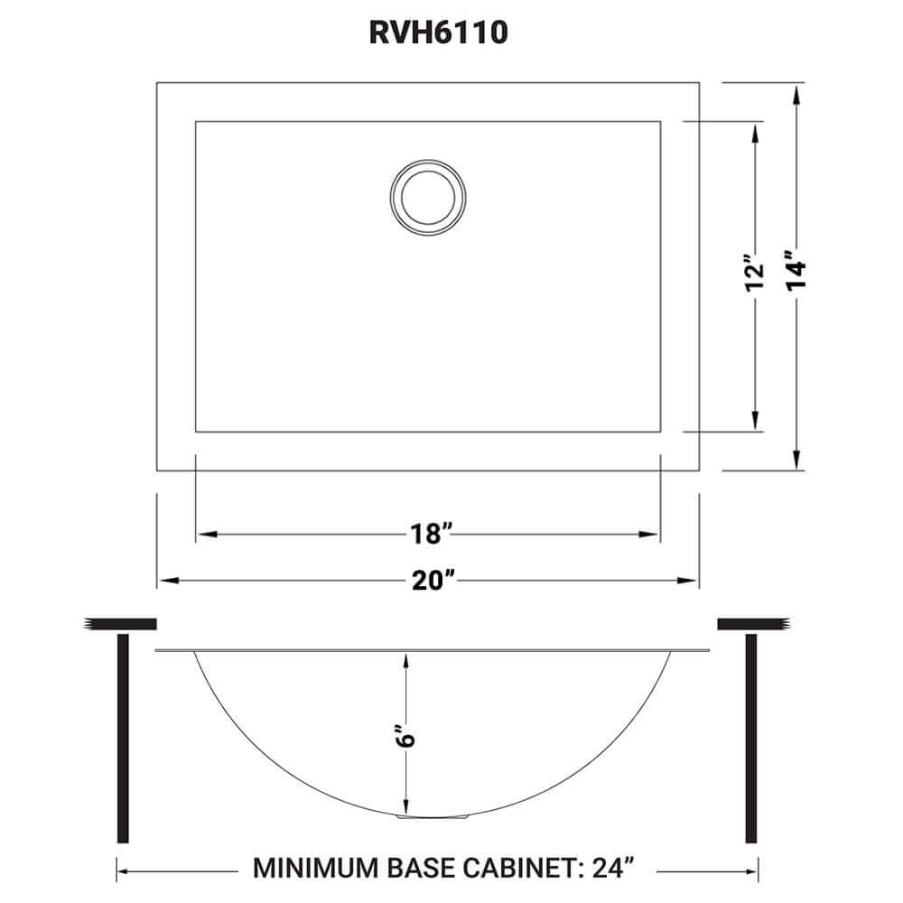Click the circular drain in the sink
(429, 192)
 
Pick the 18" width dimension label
(427, 535)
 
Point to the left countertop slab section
(122, 624)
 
